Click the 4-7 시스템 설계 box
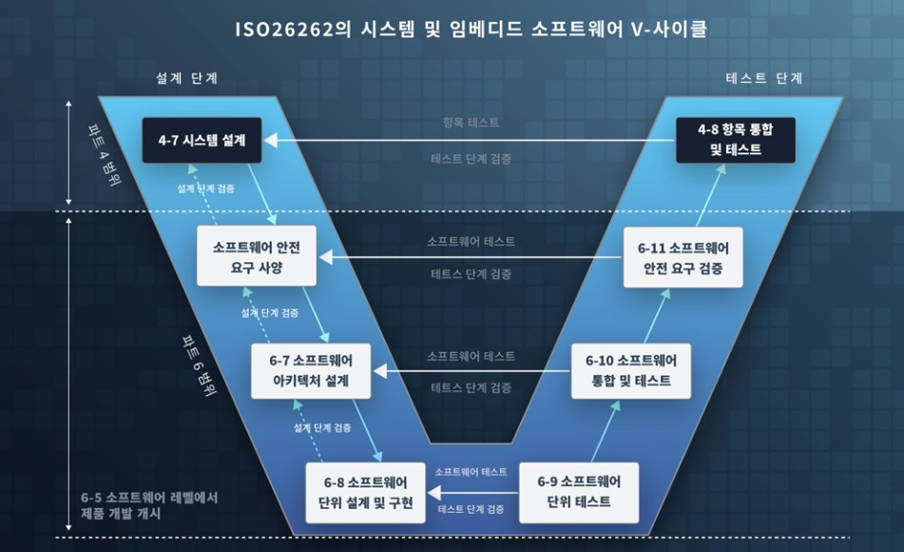[202, 140]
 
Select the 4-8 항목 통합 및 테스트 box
[736, 140]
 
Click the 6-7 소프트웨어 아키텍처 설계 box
[311, 370]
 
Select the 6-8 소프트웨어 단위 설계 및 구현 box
[366, 492]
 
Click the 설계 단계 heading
[187, 78]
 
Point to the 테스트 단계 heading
[764, 78]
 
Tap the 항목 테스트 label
[471, 123]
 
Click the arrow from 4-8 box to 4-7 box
[471, 141]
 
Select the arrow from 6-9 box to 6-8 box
[471, 491]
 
